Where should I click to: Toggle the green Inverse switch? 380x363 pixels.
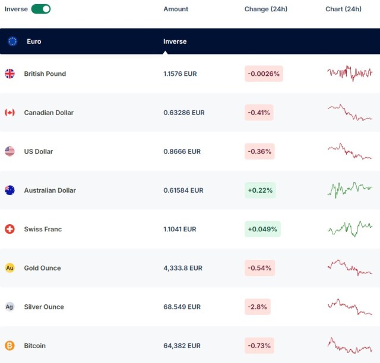point(41,9)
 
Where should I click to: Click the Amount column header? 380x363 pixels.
point(176,9)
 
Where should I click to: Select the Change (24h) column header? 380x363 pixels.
point(265,9)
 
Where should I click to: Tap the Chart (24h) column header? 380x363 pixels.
point(343,9)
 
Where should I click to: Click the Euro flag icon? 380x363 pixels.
point(12,42)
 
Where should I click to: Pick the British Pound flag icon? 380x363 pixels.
point(9,74)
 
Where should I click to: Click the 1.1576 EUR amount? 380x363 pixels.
point(180,74)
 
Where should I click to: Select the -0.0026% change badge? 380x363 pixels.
point(264,74)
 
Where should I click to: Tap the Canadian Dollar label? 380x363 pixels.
point(49,113)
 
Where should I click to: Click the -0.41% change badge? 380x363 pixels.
point(259,113)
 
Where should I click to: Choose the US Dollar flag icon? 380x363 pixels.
point(9,151)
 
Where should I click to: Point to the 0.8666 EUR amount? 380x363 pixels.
point(182,151)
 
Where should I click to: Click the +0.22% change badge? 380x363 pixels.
point(260,190)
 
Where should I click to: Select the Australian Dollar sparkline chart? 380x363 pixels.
point(350,189)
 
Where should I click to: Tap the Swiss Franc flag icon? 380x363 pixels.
point(9,229)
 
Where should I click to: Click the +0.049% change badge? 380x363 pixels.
point(262,229)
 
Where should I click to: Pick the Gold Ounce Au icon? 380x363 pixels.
point(9,268)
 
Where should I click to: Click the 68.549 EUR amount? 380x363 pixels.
point(182,307)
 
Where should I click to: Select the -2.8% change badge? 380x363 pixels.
point(257,307)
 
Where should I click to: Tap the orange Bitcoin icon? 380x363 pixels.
point(9,345)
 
